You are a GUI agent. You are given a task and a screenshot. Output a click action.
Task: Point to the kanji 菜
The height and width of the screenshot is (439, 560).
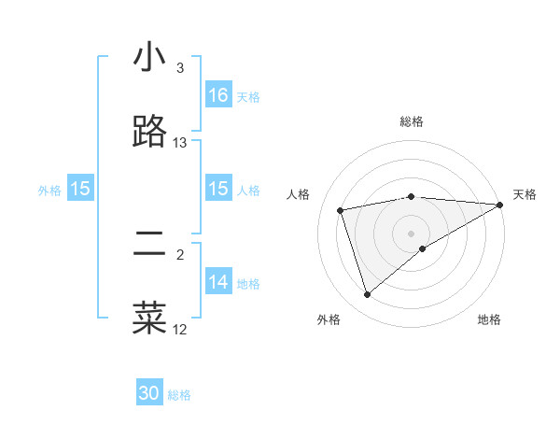pyautogui.click(x=149, y=317)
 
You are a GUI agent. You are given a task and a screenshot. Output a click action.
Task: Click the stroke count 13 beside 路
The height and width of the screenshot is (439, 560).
pyautogui.click(x=180, y=143)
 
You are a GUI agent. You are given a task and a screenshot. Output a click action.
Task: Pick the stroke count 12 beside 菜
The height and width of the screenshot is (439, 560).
pyautogui.click(x=180, y=329)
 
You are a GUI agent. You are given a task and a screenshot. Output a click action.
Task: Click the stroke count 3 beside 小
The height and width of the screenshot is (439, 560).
pyautogui.click(x=180, y=68)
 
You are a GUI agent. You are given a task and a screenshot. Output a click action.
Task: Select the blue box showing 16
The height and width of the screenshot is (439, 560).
pyautogui.click(x=218, y=95)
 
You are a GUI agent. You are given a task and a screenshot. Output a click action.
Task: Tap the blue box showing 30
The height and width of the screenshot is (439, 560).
pyautogui.click(x=149, y=393)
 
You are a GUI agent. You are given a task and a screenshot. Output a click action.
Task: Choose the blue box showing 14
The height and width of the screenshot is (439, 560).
pyautogui.click(x=218, y=282)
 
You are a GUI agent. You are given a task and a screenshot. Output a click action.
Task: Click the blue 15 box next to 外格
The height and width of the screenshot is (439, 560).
pyautogui.click(x=80, y=189)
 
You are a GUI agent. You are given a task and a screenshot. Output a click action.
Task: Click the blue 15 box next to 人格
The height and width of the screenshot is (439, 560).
pyautogui.click(x=218, y=189)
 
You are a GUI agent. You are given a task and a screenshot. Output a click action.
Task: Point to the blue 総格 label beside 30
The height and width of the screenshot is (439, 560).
pyautogui.click(x=180, y=395)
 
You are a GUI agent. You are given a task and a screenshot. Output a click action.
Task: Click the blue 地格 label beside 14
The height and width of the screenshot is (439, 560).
pyautogui.click(x=248, y=283)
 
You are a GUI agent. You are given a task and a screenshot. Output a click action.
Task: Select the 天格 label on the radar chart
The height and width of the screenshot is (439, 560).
pyautogui.click(x=525, y=194)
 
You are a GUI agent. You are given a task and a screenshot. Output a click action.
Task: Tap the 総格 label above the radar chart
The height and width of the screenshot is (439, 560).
pyautogui.click(x=412, y=121)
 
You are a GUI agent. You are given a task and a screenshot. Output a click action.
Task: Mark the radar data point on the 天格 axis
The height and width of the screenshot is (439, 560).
pyautogui.click(x=499, y=205)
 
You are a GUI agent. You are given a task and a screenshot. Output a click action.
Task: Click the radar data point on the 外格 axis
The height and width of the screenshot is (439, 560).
pyautogui.click(x=368, y=295)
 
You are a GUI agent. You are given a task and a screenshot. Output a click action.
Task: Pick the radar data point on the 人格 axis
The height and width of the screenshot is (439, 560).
pyautogui.click(x=341, y=209)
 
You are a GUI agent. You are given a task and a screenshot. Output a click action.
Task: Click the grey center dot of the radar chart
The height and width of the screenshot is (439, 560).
pyautogui.click(x=412, y=233)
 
